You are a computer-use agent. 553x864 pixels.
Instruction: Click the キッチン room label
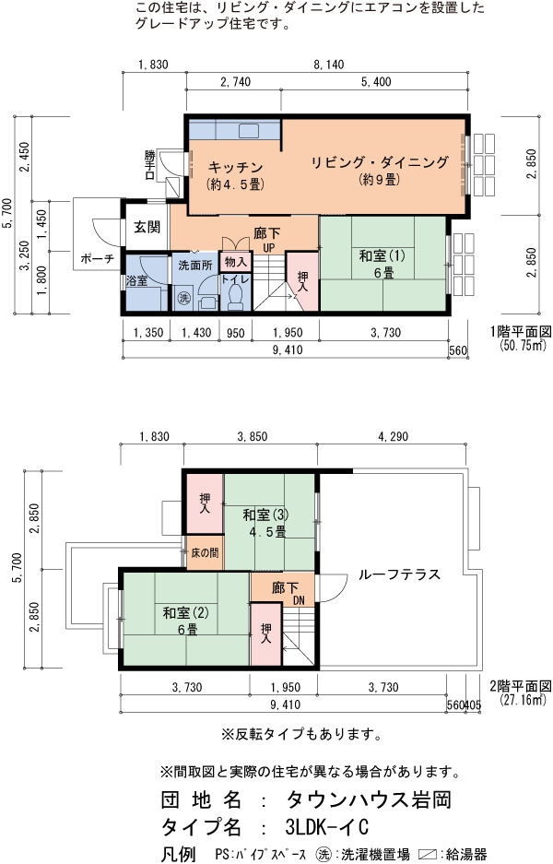click(x=235, y=167)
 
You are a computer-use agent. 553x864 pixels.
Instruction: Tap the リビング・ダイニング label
click(x=380, y=162)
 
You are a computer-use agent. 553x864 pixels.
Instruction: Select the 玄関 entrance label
click(x=147, y=227)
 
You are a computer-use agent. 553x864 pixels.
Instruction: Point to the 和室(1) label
click(x=382, y=255)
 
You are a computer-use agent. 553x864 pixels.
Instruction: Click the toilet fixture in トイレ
click(x=236, y=297)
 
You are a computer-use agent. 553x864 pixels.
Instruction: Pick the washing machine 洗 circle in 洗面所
click(x=183, y=298)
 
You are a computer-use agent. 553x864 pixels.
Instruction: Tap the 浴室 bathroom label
click(x=136, y=280)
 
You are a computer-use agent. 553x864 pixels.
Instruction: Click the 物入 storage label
click(x=236, y=262)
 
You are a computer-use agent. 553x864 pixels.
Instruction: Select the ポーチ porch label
click(x=97, y=258)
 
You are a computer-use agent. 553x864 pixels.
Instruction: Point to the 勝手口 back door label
click(x=150, y=165)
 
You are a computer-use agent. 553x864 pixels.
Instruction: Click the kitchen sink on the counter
click(x=249, y=131)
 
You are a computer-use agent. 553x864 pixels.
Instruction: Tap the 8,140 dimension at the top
click(x=329, y=65)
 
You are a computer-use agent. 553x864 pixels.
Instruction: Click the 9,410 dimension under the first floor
click(x=287, y=349)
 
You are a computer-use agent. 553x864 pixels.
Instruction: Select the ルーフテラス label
click(x=399, y=574)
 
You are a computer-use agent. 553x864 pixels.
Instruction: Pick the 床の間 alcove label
click(x=205, y=552)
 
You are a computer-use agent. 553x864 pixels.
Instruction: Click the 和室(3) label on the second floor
click(x=266, y=515)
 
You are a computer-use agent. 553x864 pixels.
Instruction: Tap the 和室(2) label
click(x=185, y=612)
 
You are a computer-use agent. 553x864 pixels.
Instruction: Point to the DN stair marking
click(x=299, y=600)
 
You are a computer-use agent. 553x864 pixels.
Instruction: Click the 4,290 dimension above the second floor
click(x=394, y=436)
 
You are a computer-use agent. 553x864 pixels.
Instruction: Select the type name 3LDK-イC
click(x=327, y=826)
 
